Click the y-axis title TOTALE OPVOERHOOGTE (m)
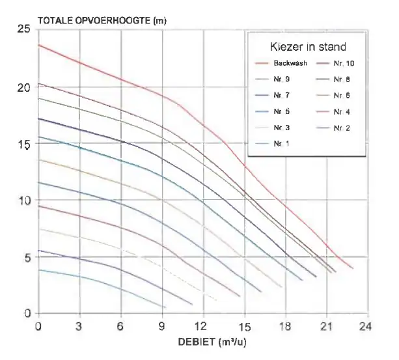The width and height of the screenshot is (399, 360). (102, 21)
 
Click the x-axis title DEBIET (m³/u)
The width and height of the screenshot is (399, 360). (212, 342)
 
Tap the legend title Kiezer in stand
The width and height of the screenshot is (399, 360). (308, 47)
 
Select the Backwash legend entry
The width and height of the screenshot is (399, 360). (281, 63)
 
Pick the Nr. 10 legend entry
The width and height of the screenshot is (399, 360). (335, 63)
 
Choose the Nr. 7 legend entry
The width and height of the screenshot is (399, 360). (273, 95)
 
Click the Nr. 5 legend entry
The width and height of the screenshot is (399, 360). (273, 111)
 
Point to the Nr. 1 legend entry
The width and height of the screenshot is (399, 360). (273, 144)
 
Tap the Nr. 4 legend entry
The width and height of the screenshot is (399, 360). (333, 112)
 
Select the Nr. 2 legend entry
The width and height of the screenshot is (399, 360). (333, 128)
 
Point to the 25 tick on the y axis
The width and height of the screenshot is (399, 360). (23, 29)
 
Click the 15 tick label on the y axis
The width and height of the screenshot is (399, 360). (23, 144)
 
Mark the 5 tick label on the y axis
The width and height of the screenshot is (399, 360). (27, 258)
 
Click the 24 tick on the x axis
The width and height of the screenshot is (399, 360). (365, 326)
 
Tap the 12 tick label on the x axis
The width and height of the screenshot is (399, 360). (200, 326)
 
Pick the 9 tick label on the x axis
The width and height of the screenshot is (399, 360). (162, 326)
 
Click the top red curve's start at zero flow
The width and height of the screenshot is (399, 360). (38, 45)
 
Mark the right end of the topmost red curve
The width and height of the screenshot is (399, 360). (353, 268)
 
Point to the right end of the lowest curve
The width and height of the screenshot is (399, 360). (165, 307)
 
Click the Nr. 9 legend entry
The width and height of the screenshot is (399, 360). (273, 79)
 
